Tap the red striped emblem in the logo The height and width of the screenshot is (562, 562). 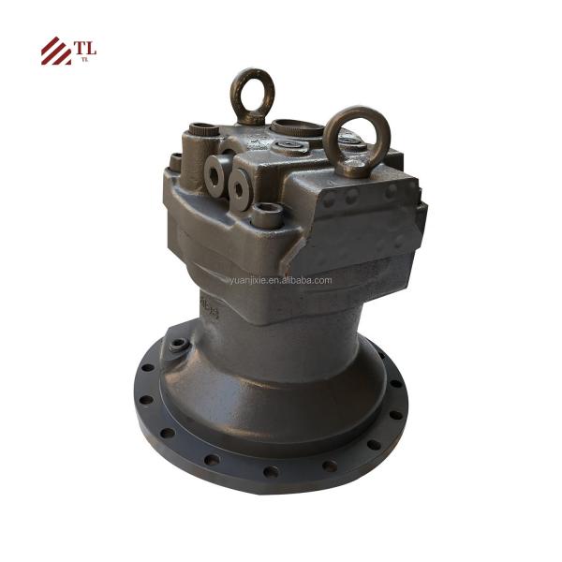[x=55, y=52]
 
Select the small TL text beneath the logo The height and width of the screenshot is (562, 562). [x=84, y=60]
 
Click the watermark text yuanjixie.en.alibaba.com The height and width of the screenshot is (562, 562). [x=280, y=279]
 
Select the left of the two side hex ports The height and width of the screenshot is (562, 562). [x=214, y=176]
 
